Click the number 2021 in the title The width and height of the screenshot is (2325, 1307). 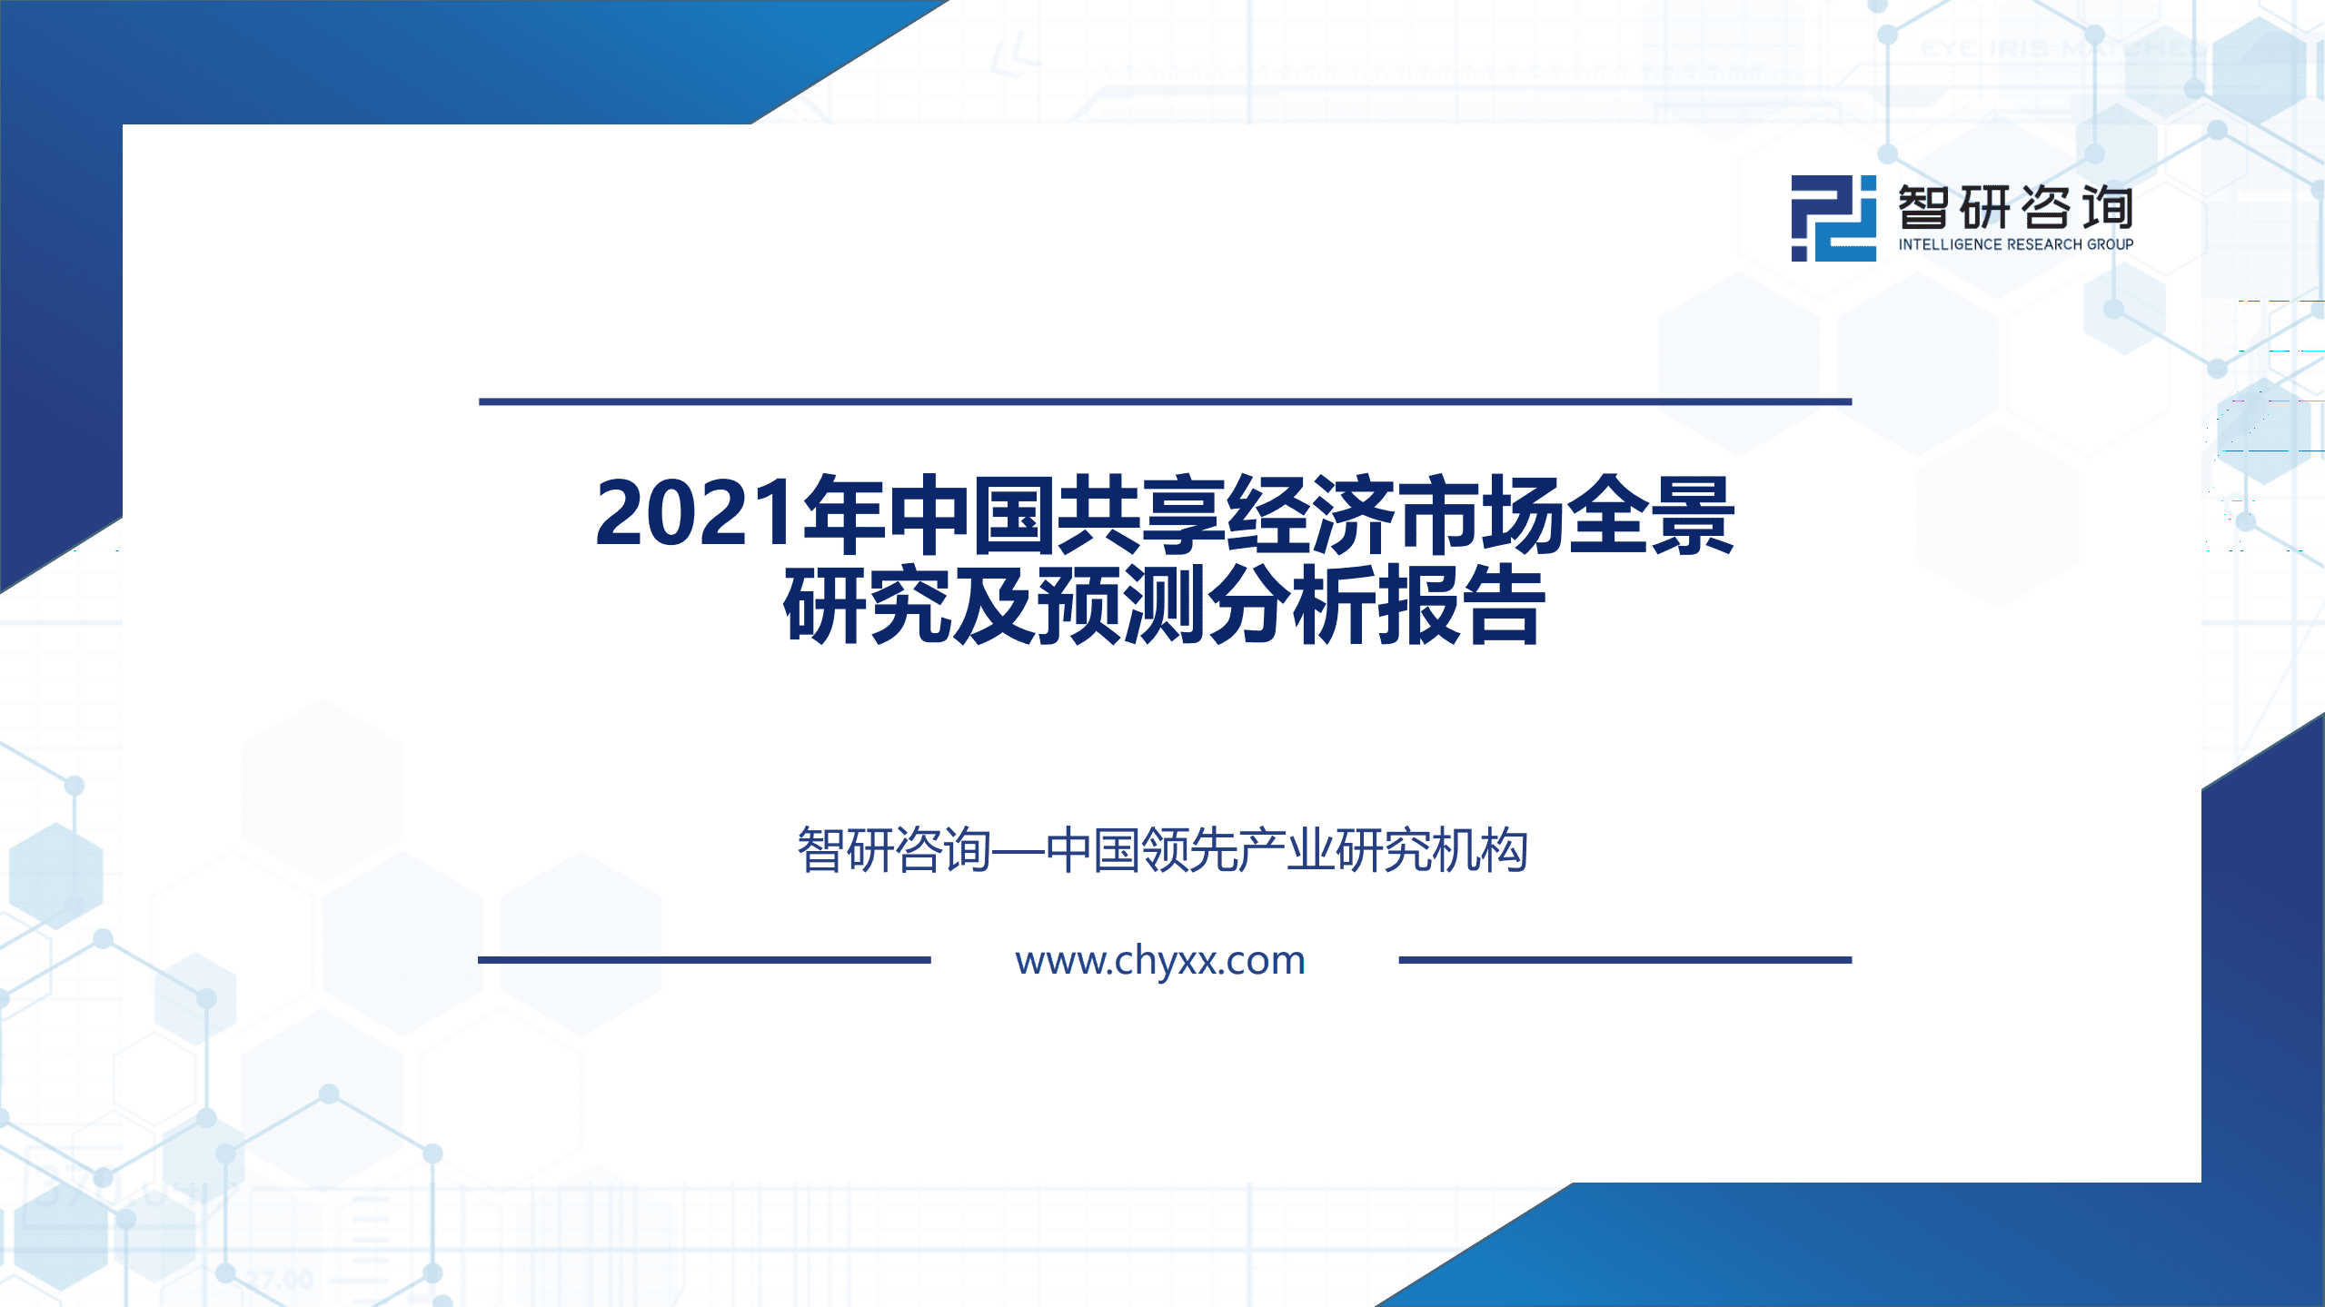[695, 514]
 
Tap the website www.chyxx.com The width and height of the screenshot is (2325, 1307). [1160, 960]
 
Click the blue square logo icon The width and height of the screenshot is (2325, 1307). [1833, 219]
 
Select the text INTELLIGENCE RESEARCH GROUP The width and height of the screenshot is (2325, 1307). [2015, 244]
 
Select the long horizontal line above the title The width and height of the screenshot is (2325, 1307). [1164, 401]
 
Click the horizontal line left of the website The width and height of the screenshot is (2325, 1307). [704, 959]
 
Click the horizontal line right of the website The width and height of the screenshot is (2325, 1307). [1625, 959]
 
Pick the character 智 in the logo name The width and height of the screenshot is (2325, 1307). [1923, 208]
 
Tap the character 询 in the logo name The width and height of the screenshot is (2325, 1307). [2108, 208]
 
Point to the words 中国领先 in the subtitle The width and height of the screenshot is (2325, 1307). [1142, 851]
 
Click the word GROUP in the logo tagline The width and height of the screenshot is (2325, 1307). [2110, 244]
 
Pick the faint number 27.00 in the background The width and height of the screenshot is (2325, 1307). [281, 1281]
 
